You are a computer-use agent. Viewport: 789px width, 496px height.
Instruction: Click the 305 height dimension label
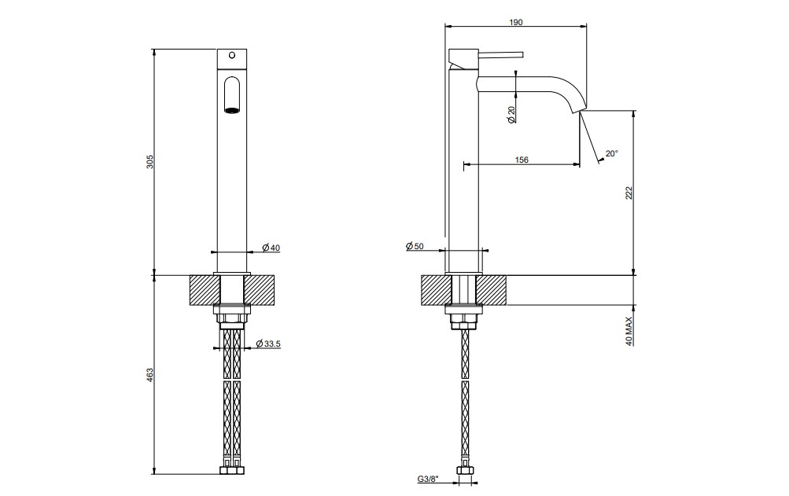coord(150,161)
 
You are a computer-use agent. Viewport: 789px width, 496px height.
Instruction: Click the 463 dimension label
coord(150,375)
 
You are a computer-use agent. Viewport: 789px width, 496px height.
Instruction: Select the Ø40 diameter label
coord(271,248)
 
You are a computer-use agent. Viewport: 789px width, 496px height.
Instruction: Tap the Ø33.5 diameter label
coord(268,344)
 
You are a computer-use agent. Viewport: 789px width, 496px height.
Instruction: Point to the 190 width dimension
coord(516,22)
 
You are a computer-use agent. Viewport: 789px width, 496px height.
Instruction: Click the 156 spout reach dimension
coord(522,160)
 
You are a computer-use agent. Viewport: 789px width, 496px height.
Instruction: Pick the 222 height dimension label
coord(629,193)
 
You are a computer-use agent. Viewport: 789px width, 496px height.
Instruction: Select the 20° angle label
coord(611,153)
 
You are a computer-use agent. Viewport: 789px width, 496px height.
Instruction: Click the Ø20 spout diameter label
coord(511,115)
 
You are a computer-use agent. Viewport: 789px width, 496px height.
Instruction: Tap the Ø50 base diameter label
coord(415,246)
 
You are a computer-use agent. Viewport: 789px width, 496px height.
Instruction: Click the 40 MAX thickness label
coord(629,329)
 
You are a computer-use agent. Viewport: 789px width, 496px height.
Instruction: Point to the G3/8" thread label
coord(428,479)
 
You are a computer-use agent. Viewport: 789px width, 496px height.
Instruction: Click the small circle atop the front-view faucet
coord(232,54)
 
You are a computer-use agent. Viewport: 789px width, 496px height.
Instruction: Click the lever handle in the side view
coord(500,54)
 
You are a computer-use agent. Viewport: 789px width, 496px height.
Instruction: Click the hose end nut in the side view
coord(466,471)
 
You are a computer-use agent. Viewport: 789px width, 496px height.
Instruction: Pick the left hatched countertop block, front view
coord(205,290)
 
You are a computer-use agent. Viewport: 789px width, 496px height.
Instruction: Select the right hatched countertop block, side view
coord(492,290)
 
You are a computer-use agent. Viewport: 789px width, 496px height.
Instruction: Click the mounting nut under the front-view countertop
coord(232,318)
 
